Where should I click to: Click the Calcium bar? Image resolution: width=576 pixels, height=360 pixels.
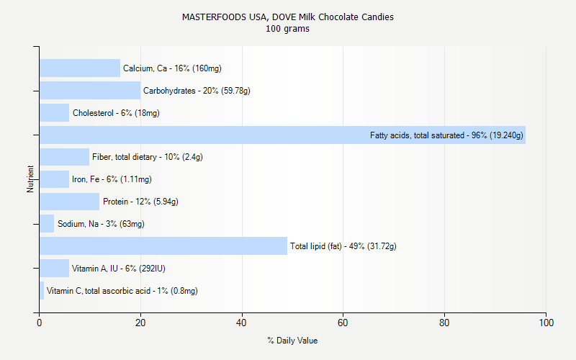click(79, 68)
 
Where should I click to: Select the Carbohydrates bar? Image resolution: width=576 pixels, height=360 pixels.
click(90, 91)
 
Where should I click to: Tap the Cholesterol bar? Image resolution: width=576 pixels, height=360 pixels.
click(54, 113)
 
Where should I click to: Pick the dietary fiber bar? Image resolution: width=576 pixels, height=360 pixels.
click(64, 157)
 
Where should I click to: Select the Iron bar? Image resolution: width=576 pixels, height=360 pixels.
click(54, 179)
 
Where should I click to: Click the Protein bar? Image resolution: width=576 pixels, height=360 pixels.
click(69, 202)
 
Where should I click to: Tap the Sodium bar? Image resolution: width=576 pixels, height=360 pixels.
click(47, 224)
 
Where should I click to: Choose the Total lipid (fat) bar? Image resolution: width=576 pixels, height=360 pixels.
click(163, 246)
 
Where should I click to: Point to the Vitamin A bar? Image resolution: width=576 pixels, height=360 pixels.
click(54, 269)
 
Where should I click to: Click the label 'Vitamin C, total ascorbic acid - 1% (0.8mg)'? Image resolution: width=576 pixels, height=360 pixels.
click(122, 291)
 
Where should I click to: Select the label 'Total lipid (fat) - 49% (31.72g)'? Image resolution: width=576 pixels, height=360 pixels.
click(343, 246)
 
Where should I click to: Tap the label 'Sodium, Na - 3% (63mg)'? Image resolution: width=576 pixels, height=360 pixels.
click(101, 224)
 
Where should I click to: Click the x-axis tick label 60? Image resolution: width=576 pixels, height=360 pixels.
click(343, 323)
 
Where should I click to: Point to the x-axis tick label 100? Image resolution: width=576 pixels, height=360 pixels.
click(546, 323)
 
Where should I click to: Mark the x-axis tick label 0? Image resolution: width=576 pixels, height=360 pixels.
click(40, 323)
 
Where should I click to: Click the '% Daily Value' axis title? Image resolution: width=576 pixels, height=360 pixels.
click(292, 341)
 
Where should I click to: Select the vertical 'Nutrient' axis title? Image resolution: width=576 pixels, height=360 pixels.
click(31, 179)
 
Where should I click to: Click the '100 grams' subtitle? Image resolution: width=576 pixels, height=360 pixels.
click(288, 29)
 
